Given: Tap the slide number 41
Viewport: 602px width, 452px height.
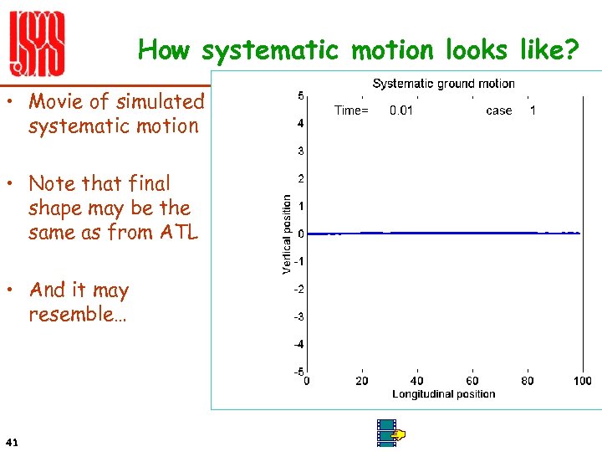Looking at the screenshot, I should (12, 441).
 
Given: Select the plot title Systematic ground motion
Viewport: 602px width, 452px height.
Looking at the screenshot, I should (443, 83).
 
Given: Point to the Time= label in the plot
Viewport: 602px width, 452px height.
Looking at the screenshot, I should (351, 110).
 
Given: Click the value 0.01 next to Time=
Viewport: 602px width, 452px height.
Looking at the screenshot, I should (401, 110).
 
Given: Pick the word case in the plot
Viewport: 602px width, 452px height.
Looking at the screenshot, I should (499, 110).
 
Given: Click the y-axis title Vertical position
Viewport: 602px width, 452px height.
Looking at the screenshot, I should (287, 234).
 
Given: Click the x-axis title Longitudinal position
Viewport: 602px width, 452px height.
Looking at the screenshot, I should (443, 394).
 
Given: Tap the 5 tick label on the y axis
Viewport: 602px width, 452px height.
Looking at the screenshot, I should (300, 96).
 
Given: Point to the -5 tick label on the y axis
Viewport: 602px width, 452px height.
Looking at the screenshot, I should (298, 372).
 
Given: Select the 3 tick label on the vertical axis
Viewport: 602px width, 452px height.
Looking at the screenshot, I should (300, 152).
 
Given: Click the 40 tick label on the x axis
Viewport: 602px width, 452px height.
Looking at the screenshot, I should (417, 382).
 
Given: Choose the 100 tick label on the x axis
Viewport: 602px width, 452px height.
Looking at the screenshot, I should (582, 382).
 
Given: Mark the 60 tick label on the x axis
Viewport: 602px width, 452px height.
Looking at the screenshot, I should (472, 382).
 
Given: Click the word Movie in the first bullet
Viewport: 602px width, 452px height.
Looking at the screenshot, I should (58, 101).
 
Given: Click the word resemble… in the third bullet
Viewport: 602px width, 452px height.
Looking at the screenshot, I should (77, 315).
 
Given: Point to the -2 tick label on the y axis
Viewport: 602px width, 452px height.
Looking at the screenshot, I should (298, 290).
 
